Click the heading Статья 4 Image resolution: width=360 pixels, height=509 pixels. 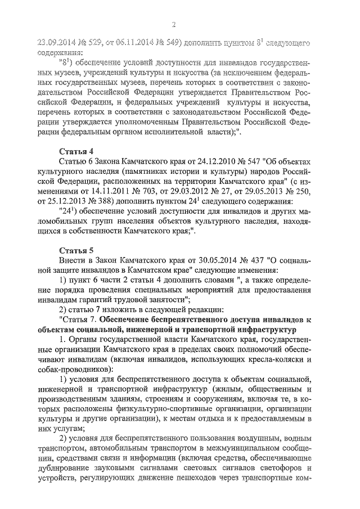[75, 151]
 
